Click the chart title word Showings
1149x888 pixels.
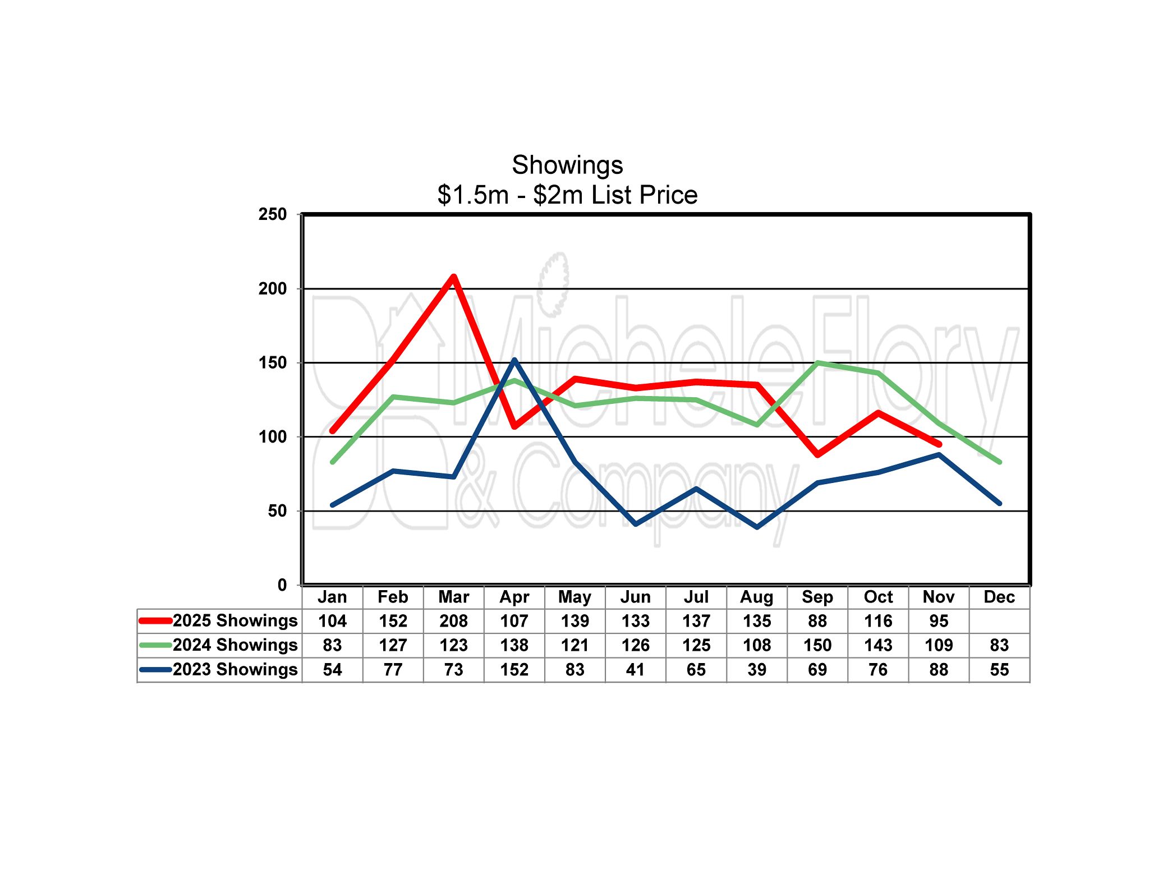567,165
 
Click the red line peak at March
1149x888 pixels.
453,277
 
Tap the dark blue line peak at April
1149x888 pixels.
514,360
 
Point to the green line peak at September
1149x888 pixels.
817,362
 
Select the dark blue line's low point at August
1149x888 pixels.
757,527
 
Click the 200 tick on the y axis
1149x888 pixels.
273,288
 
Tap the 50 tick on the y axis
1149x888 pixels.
277,510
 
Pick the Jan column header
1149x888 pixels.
332,597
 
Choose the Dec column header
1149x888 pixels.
999,597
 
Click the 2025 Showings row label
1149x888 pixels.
235,620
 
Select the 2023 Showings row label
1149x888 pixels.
235,669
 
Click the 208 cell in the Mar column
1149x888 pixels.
453,621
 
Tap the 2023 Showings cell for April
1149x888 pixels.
514,670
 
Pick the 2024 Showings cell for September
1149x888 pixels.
817,645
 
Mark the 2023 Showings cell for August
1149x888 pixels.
757,670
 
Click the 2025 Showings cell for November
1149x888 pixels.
939,621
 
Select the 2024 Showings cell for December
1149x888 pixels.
999,645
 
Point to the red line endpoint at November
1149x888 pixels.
939,444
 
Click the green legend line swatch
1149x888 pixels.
155,645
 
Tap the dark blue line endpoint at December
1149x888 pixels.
999,503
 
